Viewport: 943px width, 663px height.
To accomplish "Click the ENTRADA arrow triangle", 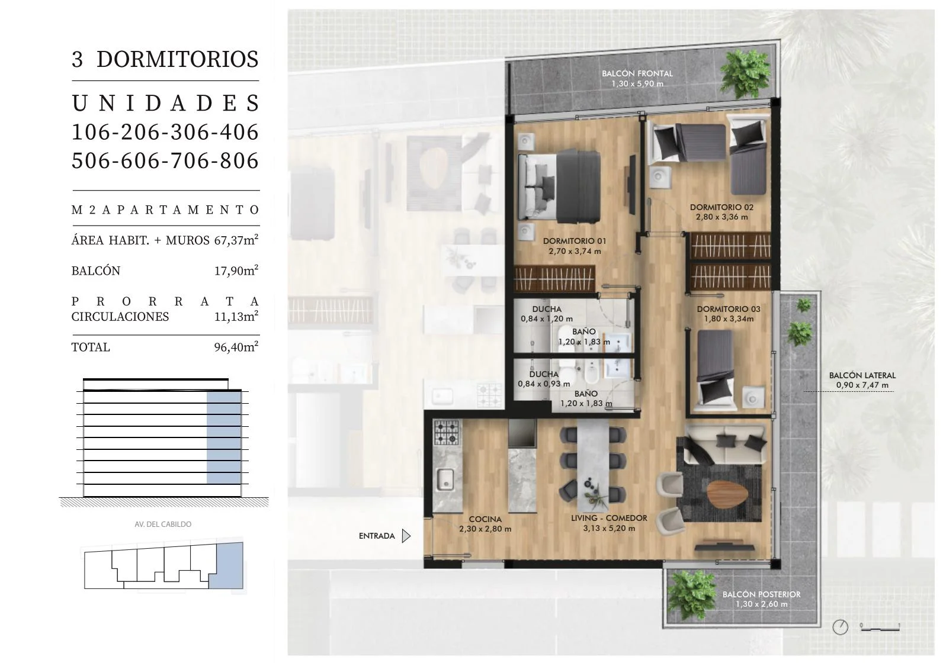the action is tap(406, 536).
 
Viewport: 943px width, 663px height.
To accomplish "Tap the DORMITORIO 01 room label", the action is tap(574, 241).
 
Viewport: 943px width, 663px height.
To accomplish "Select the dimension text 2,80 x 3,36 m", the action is tap(721, 217).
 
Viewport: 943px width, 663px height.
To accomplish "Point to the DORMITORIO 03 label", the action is tap(729, 309).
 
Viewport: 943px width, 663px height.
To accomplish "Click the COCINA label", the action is tap(485, 519).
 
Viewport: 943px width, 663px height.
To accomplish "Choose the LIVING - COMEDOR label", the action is tap(609, 518).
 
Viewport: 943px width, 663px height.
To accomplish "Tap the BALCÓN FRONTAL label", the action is tap(637, 73).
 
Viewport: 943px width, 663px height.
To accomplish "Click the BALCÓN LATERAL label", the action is tap(862, 375).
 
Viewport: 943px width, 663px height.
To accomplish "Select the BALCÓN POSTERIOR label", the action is tap(761, 594).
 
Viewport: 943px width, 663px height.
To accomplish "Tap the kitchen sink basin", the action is tap(445, 479).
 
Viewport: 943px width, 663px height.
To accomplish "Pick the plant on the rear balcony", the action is tap(692, 594).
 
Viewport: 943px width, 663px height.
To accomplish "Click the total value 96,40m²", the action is tap(236, 347).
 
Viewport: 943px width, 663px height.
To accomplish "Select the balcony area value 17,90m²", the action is tap(236, 271).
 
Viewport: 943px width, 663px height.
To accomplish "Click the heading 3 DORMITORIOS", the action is tap(165, 59).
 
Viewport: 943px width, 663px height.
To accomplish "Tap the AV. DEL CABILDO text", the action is tap(163, 524).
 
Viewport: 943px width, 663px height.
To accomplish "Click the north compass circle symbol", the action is tap(841, 627).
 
